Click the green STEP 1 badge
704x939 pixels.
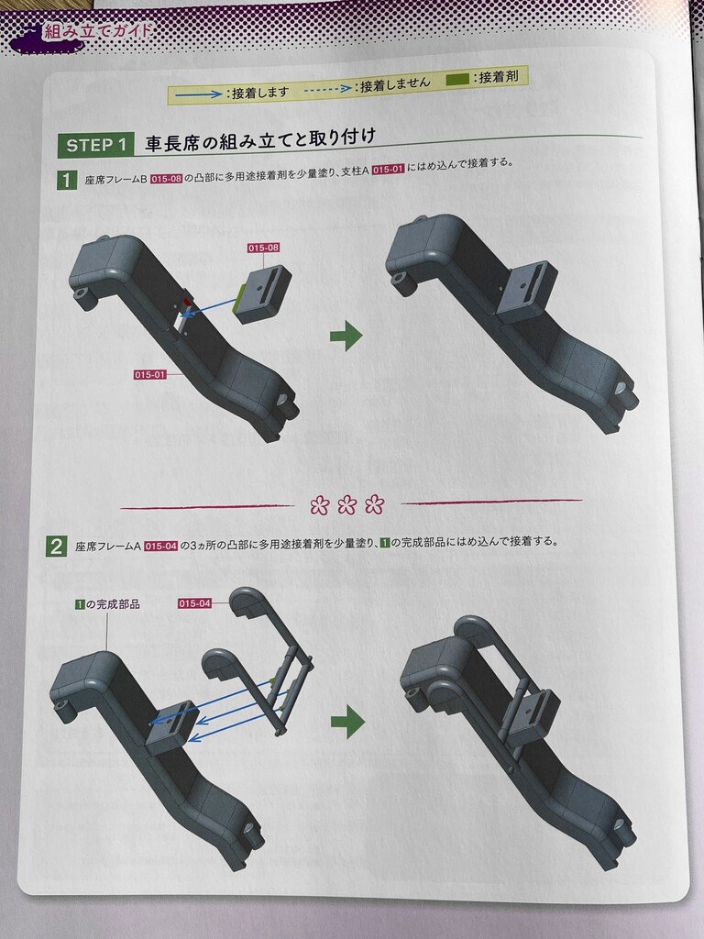point(94,146)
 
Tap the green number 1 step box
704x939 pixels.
point(67,181)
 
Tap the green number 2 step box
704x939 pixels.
point(56,547)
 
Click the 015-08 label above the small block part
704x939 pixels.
point(263,248)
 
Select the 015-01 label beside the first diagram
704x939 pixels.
point(149,375)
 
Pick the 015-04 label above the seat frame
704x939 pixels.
point(195,603)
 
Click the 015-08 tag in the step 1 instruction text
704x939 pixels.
point(167,179)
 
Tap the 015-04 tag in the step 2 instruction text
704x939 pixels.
point(161,546)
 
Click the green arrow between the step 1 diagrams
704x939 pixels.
point(346,336)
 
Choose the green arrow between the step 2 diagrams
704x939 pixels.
point(347,722)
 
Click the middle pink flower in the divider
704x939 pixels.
point(346,506)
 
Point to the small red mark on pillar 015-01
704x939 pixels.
point(186,301)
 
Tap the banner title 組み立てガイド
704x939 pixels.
point(96,31)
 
